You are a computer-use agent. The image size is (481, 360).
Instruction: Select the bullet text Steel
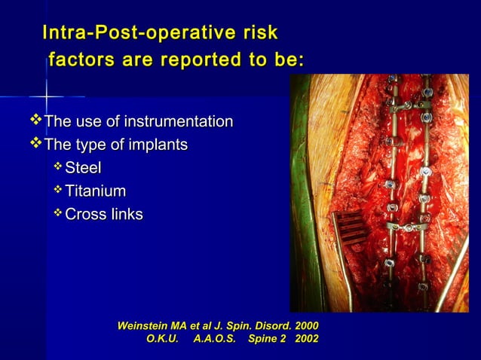click(83, 168)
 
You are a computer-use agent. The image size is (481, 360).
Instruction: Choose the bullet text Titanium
click(95, 191)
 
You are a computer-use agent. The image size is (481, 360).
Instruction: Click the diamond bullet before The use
click(35, 121)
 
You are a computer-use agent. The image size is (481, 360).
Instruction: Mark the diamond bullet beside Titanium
click(58, 190)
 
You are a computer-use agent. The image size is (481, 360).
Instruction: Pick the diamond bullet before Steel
click(58, 166)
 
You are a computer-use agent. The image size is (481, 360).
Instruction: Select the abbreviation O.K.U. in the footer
click(162, 340)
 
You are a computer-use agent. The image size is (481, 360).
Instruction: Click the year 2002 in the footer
click(306, 340)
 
